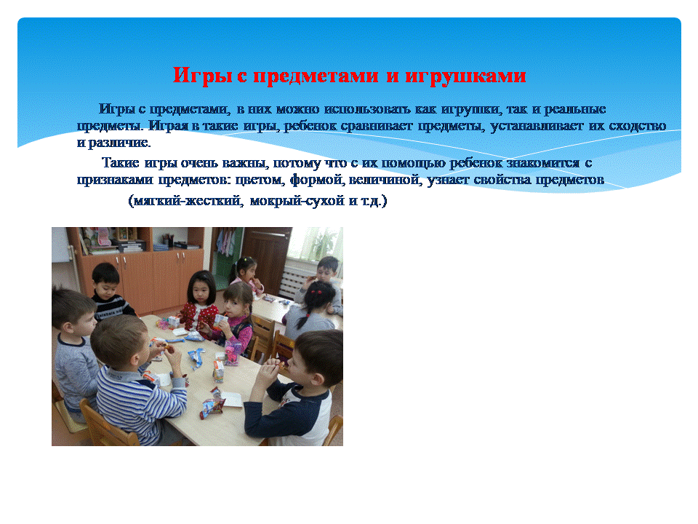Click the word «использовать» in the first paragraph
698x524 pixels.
coord(367,109)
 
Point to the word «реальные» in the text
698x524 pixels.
coord(574,109)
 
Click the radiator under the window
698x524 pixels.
coord(294,282)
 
